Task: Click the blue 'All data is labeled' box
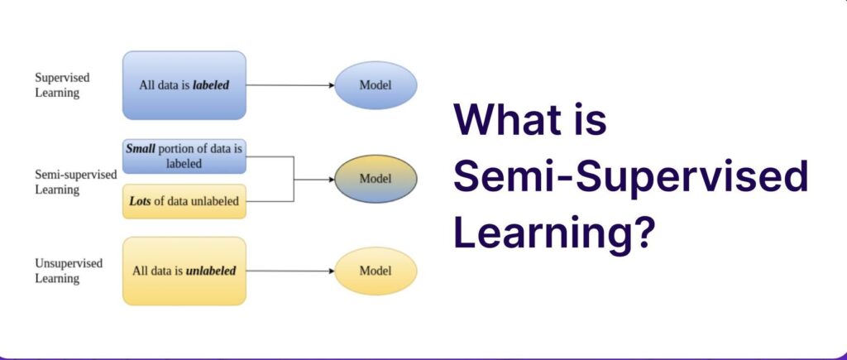pyautogui.click(x=184, y=85)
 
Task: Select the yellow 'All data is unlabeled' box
pyautogui.click(x=184, y=271)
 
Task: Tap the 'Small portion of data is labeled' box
pyautogui.click(x=184, y=156)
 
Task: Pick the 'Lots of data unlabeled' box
pyautogui.click(x=184, y=201)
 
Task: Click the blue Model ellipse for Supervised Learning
pyautogui.click(x=376, y=85)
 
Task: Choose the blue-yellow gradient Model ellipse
pyautogui.click(x=376, y=179)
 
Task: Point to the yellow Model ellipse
pyautogui.click(x=376, y=271)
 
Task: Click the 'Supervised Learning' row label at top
pyautogui.click(x=62, y=85)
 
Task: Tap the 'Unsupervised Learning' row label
pyautogui.click(x=69, y=271)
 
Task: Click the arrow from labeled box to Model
pyautogui.click(x=290, y=85)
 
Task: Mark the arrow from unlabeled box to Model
pyautogui.click(x=290, y=271)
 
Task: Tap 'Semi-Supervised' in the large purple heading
pyautogui.click(x=630, y=177)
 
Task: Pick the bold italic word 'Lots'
pyautogui.click(x=141, y=201)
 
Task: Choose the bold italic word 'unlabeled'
pyautogui.click(x=211, y=271)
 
